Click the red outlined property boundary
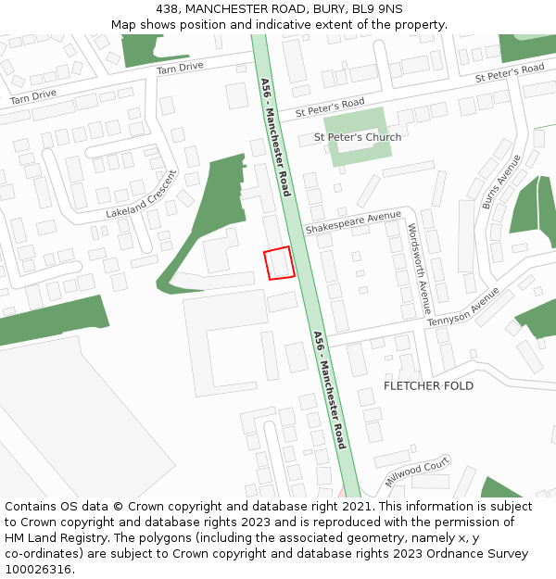pos(279,263)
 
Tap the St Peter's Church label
pos(358,137)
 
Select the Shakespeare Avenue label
pos(353,222)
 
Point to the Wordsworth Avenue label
pos(419,268)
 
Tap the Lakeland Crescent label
pos(141,194)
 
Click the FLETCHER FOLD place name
pos(428,385)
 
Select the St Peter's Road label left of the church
pos(330,107)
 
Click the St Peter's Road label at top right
pos(510,73)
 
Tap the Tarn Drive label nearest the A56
pos(180,68)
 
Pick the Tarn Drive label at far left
pos(32,95)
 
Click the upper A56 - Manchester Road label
pos(276,136)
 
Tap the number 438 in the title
pos(168,8)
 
